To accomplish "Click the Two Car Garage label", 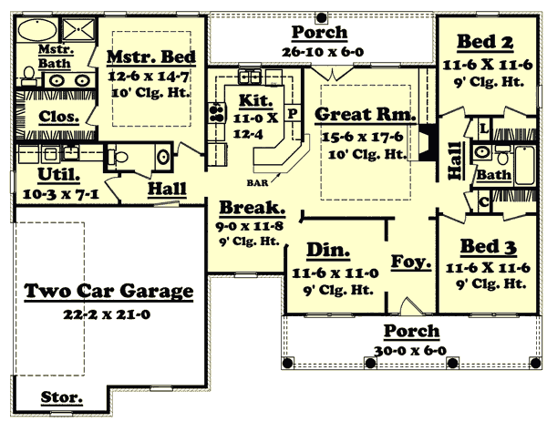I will pos(108,292).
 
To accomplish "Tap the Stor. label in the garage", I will pos(61,398).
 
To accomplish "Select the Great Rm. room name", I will pos(365,116).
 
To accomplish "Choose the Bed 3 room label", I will pos(480,246).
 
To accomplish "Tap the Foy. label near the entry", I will pos(405,262).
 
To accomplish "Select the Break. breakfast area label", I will pos(244,207).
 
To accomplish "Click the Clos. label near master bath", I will pos(57,118).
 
